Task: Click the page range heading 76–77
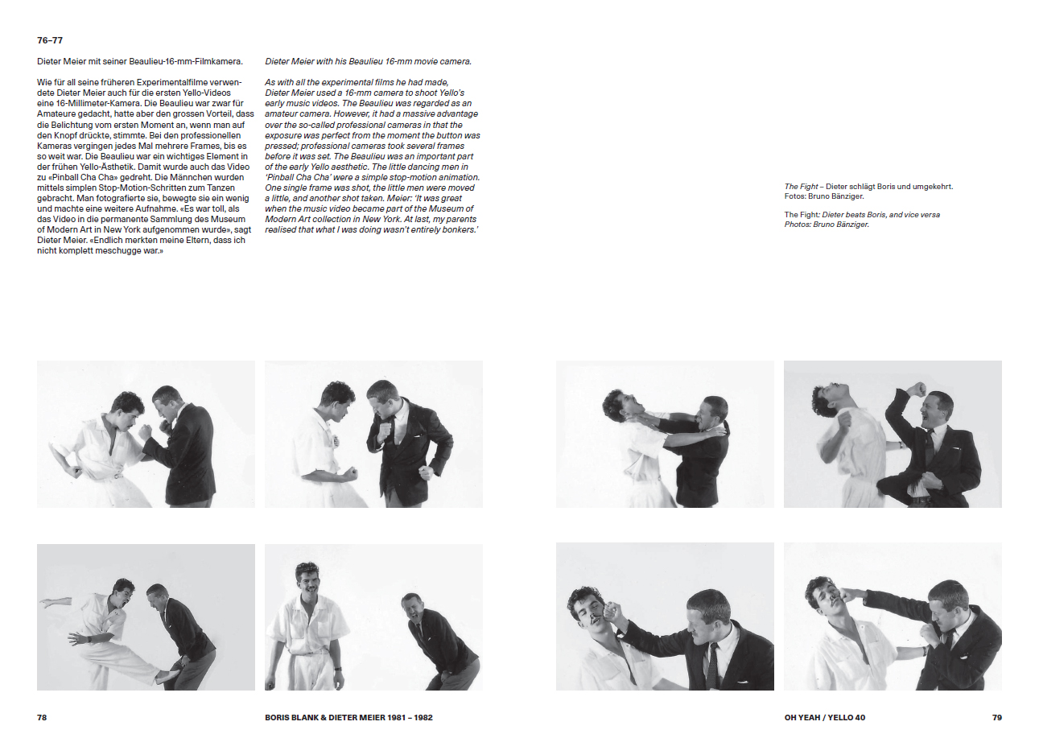50,40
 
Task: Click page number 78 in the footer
42,717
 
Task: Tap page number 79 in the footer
997,717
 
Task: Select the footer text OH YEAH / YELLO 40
825,717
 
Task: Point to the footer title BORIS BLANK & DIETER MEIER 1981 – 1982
348,717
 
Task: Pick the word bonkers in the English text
460,229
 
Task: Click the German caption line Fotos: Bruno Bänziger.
824,196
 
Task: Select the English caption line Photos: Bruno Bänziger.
827,225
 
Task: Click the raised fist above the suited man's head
916,390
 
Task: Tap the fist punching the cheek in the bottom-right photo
848,594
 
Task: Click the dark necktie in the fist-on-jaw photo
712,665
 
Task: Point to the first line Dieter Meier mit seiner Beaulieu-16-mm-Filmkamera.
140,61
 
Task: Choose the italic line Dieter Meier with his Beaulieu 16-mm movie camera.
369,61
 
